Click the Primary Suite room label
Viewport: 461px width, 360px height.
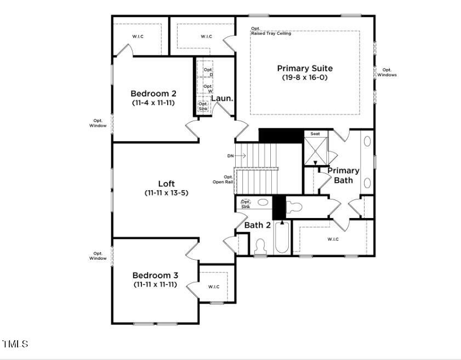tap(304, 68)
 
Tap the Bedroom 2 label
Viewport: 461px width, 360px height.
tap(153, 93)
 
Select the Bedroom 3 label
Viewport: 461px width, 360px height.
tap(155, 275)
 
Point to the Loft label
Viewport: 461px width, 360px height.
tap(166, 184)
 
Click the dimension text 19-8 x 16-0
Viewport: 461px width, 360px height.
tap(304, 78)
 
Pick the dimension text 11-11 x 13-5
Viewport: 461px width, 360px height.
tap(166, 193)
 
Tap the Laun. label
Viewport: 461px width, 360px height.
tap(223, 99)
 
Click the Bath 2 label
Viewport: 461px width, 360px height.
tap(257, 225)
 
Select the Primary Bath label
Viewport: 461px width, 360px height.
tap(344, 175)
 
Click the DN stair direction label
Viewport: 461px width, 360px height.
tap(231, 156)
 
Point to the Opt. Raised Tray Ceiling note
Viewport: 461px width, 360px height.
tap(271, 31)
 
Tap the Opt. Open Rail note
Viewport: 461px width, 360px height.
tap(228, 179)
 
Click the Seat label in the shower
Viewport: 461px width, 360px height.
tap(315, 134)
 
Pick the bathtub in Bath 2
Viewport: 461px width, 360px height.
tap(282, 238)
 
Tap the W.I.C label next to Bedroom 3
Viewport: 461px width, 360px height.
tap(214, 287)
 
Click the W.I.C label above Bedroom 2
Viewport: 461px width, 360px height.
tap(138, 37)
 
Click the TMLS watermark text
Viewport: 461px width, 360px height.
tap(15, 344)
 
